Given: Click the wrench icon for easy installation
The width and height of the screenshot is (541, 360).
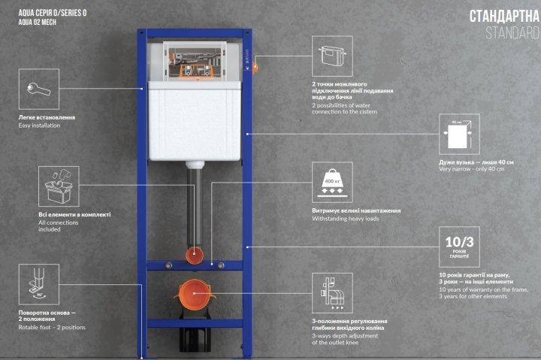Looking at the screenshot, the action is [38, 89].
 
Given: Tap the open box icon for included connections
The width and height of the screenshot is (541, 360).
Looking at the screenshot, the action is [59, 186].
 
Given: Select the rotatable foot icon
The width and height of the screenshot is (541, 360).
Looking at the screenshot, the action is [38, 284].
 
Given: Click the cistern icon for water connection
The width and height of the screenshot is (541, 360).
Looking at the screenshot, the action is [332, 56].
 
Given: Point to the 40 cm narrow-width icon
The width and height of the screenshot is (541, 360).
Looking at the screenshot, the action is [459, 135].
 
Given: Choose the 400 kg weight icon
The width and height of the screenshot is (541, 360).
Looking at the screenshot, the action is [332, 182].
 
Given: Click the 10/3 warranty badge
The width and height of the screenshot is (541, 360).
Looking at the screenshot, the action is [459, 247].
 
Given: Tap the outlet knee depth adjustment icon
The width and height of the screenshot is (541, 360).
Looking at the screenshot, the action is [332, 293].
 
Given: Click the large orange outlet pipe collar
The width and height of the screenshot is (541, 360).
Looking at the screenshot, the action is [195, 294].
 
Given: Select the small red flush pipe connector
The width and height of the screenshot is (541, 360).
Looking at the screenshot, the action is [195, 255].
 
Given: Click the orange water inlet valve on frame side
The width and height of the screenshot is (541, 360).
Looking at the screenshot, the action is [255, 67].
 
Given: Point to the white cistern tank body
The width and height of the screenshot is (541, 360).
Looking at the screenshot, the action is [195, 121].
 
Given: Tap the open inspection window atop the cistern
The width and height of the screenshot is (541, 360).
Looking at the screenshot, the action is [195, 62].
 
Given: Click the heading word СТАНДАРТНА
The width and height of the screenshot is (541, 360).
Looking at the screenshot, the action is [504, 17].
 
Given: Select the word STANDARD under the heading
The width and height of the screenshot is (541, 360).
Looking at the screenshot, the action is [512, 33].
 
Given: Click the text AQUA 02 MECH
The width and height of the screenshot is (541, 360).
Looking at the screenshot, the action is [38, 22].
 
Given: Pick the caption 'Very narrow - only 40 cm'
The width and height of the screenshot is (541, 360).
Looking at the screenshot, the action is [472, 169].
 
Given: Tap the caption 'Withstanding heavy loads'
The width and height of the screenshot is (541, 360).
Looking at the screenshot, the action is [346, 219].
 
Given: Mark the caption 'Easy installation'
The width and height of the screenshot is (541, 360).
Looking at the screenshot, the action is [39, 126].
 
